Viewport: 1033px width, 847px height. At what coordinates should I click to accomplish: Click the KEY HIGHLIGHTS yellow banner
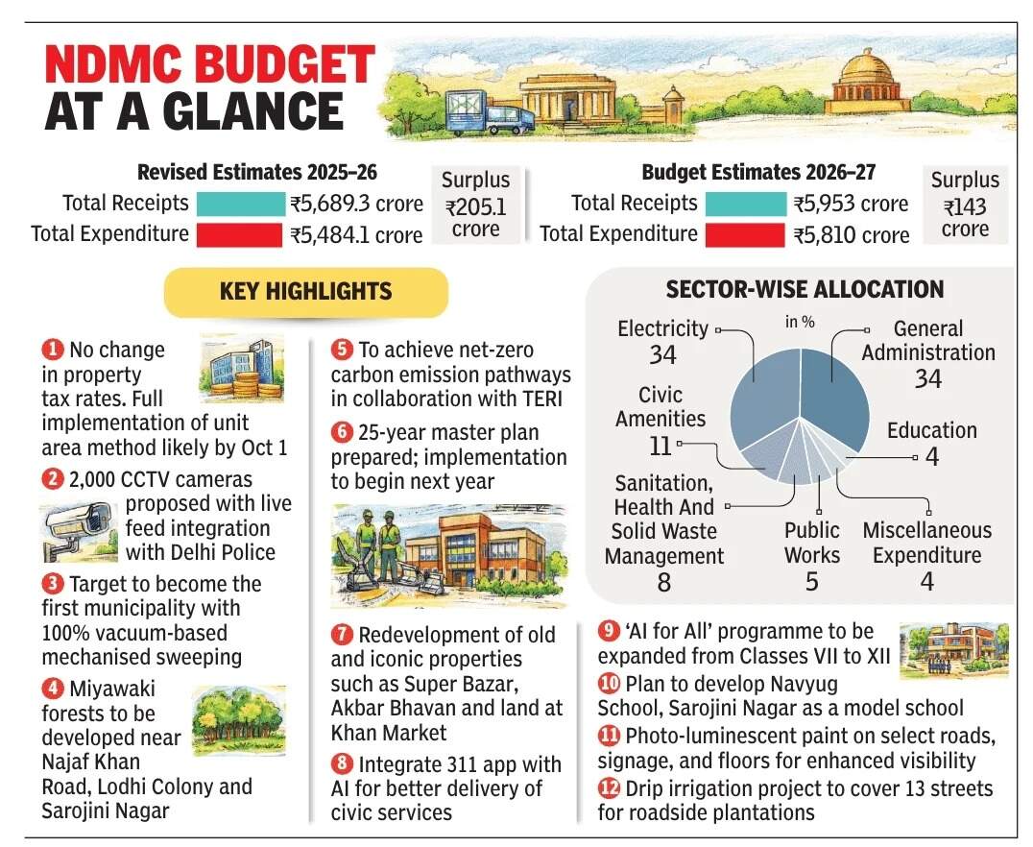click(x=305, y=292)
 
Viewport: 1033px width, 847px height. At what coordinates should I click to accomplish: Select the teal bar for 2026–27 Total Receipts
click(x=745, y=204)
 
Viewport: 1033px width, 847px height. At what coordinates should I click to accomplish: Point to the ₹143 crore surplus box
click(x=965, y=205)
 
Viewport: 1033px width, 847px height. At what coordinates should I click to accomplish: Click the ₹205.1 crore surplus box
click(x=475, y=205)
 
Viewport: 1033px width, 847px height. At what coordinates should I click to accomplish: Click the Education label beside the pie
click(x=931, y=430)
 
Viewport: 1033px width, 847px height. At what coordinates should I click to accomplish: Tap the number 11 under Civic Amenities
click(x=660, y=445)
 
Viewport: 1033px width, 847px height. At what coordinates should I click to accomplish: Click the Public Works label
click(x=811, y=543)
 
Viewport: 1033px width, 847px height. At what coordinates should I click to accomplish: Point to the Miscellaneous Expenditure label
click(x=926, y=543)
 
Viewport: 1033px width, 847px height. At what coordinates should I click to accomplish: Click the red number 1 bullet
click(x=54, y=351)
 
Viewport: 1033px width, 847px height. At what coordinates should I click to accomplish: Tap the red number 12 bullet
click(x=609, y=788)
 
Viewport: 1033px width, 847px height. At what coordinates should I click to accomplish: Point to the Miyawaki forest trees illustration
click(x=238, y=720)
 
